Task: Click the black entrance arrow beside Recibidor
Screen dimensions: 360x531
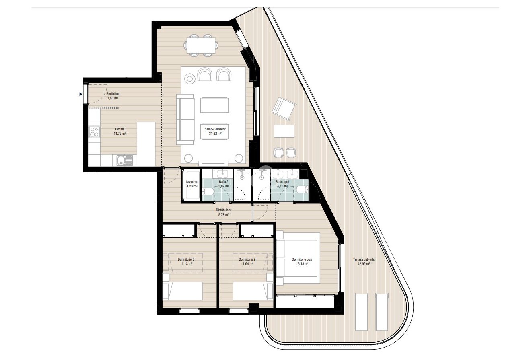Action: tap(81, 94)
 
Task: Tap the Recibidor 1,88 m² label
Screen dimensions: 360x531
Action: tap(113, 96)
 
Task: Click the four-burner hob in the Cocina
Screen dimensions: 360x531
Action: tap(95, 132)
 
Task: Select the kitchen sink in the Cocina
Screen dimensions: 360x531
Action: tap(124, 160)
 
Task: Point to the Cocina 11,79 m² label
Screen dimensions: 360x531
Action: tap(120, 131)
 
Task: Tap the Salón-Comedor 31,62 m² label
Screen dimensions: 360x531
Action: tap(215, 131)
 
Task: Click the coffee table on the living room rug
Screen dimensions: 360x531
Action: tap(215, 105)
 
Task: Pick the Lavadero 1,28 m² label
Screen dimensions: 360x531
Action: tap(191, 184)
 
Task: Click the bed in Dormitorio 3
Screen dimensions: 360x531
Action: tap(182, 291)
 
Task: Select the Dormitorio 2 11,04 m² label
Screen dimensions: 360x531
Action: tap(247, 261)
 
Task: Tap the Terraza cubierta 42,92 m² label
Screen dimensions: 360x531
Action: tap(362, 262)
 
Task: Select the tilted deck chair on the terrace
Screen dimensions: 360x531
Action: tap(284, 109)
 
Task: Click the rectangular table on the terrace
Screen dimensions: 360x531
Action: tap(284, 131)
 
